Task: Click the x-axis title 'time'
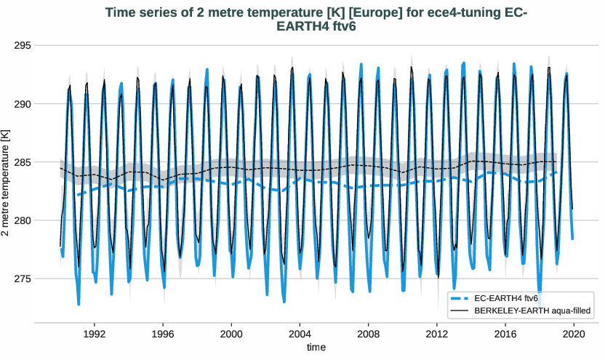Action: click(x=316, y=348)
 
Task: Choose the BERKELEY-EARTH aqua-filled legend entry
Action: click(x=531, y=311)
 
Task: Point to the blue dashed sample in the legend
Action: click(x=460, y=298)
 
